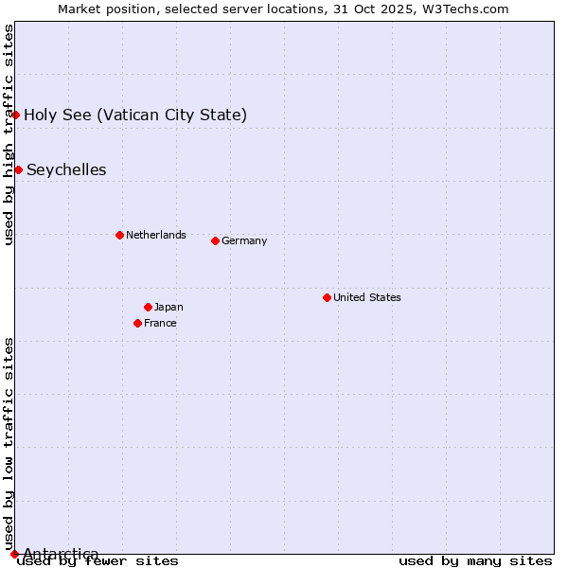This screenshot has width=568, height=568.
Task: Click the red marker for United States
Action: click(327, 297)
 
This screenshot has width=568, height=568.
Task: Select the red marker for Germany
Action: click(215, 240)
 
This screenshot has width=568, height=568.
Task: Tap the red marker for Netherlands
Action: click(119, 235)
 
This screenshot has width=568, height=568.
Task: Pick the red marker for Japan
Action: click(148, 307)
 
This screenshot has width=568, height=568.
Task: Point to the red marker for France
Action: click(137, 323)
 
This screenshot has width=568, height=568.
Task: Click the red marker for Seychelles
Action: click(18, 169)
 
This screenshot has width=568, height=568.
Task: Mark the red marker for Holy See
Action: click(15, 115)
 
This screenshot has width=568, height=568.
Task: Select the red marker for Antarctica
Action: click(14, 554)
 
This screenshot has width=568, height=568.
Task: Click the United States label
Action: click(367, 297)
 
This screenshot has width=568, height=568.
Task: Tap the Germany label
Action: click(244, 240)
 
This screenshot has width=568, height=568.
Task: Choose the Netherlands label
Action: click(156, 235)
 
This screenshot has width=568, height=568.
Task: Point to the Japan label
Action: click(169, 307)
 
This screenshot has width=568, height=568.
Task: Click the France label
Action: click(160, 323)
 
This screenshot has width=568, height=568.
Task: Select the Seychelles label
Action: click(66, 169)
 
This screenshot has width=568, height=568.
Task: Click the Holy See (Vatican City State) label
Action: click(135, 115)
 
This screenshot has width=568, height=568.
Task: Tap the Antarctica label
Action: click(61, 554)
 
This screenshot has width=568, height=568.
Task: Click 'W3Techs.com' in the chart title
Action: click(464, 9)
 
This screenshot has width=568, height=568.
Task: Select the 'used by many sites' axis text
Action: click(475, 561)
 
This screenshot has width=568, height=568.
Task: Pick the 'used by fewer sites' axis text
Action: click(98, 561)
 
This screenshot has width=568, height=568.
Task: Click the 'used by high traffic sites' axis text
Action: click(9, 134)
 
